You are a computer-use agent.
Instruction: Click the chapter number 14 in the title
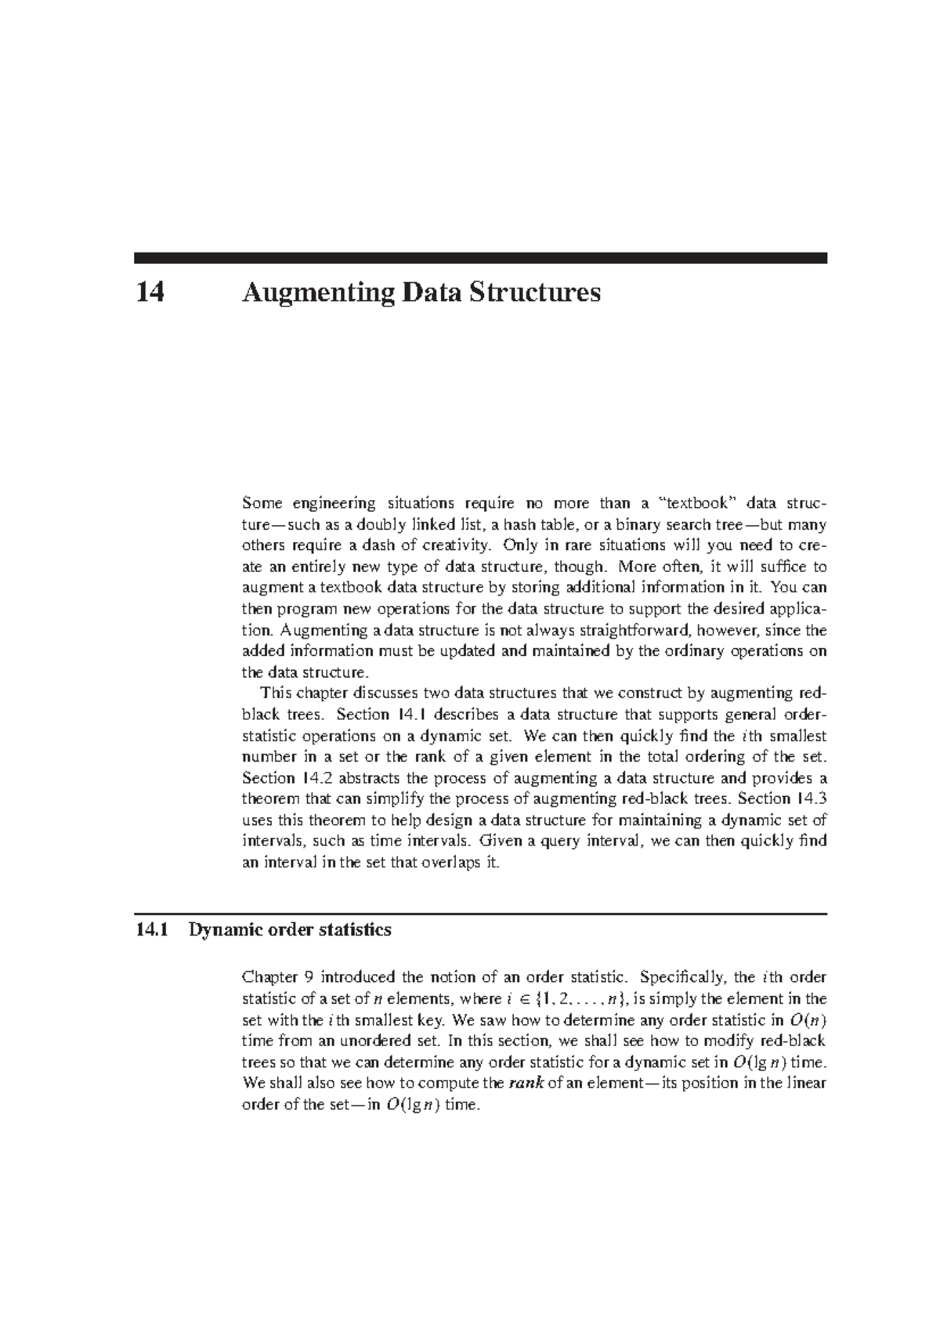(x=150, y=293)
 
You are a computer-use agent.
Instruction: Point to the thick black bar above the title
(x=480, y=258)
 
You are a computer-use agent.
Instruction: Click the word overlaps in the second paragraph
(x=454, y=863)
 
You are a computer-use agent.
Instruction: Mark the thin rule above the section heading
(x=480, y=914)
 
